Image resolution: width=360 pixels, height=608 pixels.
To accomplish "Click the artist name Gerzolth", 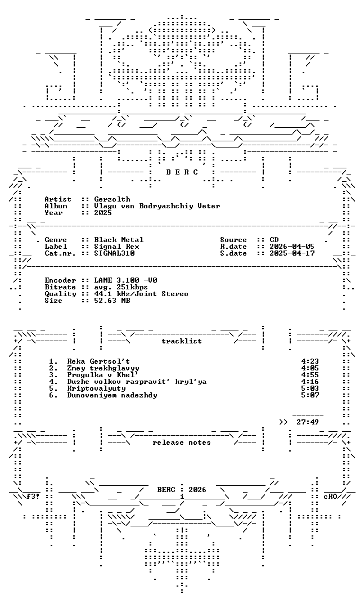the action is click(x=112, y=199).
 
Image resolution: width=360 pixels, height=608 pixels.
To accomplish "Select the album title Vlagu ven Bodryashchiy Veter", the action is click(x=157, y=206).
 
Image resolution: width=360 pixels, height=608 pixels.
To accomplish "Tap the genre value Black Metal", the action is click(x=119, y=240).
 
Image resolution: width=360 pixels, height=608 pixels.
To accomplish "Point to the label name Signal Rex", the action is click(x=116, y=247).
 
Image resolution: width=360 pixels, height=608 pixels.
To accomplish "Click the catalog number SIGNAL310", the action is click(x=114, y=253).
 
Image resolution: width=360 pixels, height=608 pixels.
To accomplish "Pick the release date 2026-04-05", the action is click(x=292, y=247).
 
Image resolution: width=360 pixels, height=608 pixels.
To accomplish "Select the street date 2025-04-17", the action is click(x=292, y=253).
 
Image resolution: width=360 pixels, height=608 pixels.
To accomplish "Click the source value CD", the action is click(x=274, y=240).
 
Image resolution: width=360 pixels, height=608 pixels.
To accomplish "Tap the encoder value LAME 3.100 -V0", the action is click(x=125, y=280).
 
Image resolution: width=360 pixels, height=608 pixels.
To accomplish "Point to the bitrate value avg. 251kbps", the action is click(x=121, y=287).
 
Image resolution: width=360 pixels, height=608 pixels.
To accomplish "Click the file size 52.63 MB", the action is click(x=112, y=301).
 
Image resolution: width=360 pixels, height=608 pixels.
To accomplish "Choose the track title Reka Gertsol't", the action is click(x=98, y=361).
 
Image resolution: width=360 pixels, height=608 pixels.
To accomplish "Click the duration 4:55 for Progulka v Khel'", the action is click(x=310, y=375).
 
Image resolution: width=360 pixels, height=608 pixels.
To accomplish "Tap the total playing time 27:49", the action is click(x=308, y=422).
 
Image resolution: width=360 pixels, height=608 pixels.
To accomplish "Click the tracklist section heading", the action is click(x=182, y=341).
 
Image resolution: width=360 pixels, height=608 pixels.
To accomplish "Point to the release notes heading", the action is click(x=182, y=442).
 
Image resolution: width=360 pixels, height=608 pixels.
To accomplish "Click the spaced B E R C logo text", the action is click(x=182, y=172).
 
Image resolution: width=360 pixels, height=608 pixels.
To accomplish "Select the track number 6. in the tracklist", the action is click(x=53, y=395).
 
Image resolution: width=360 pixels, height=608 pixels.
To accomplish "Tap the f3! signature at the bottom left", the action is click(x=33, y=497).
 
